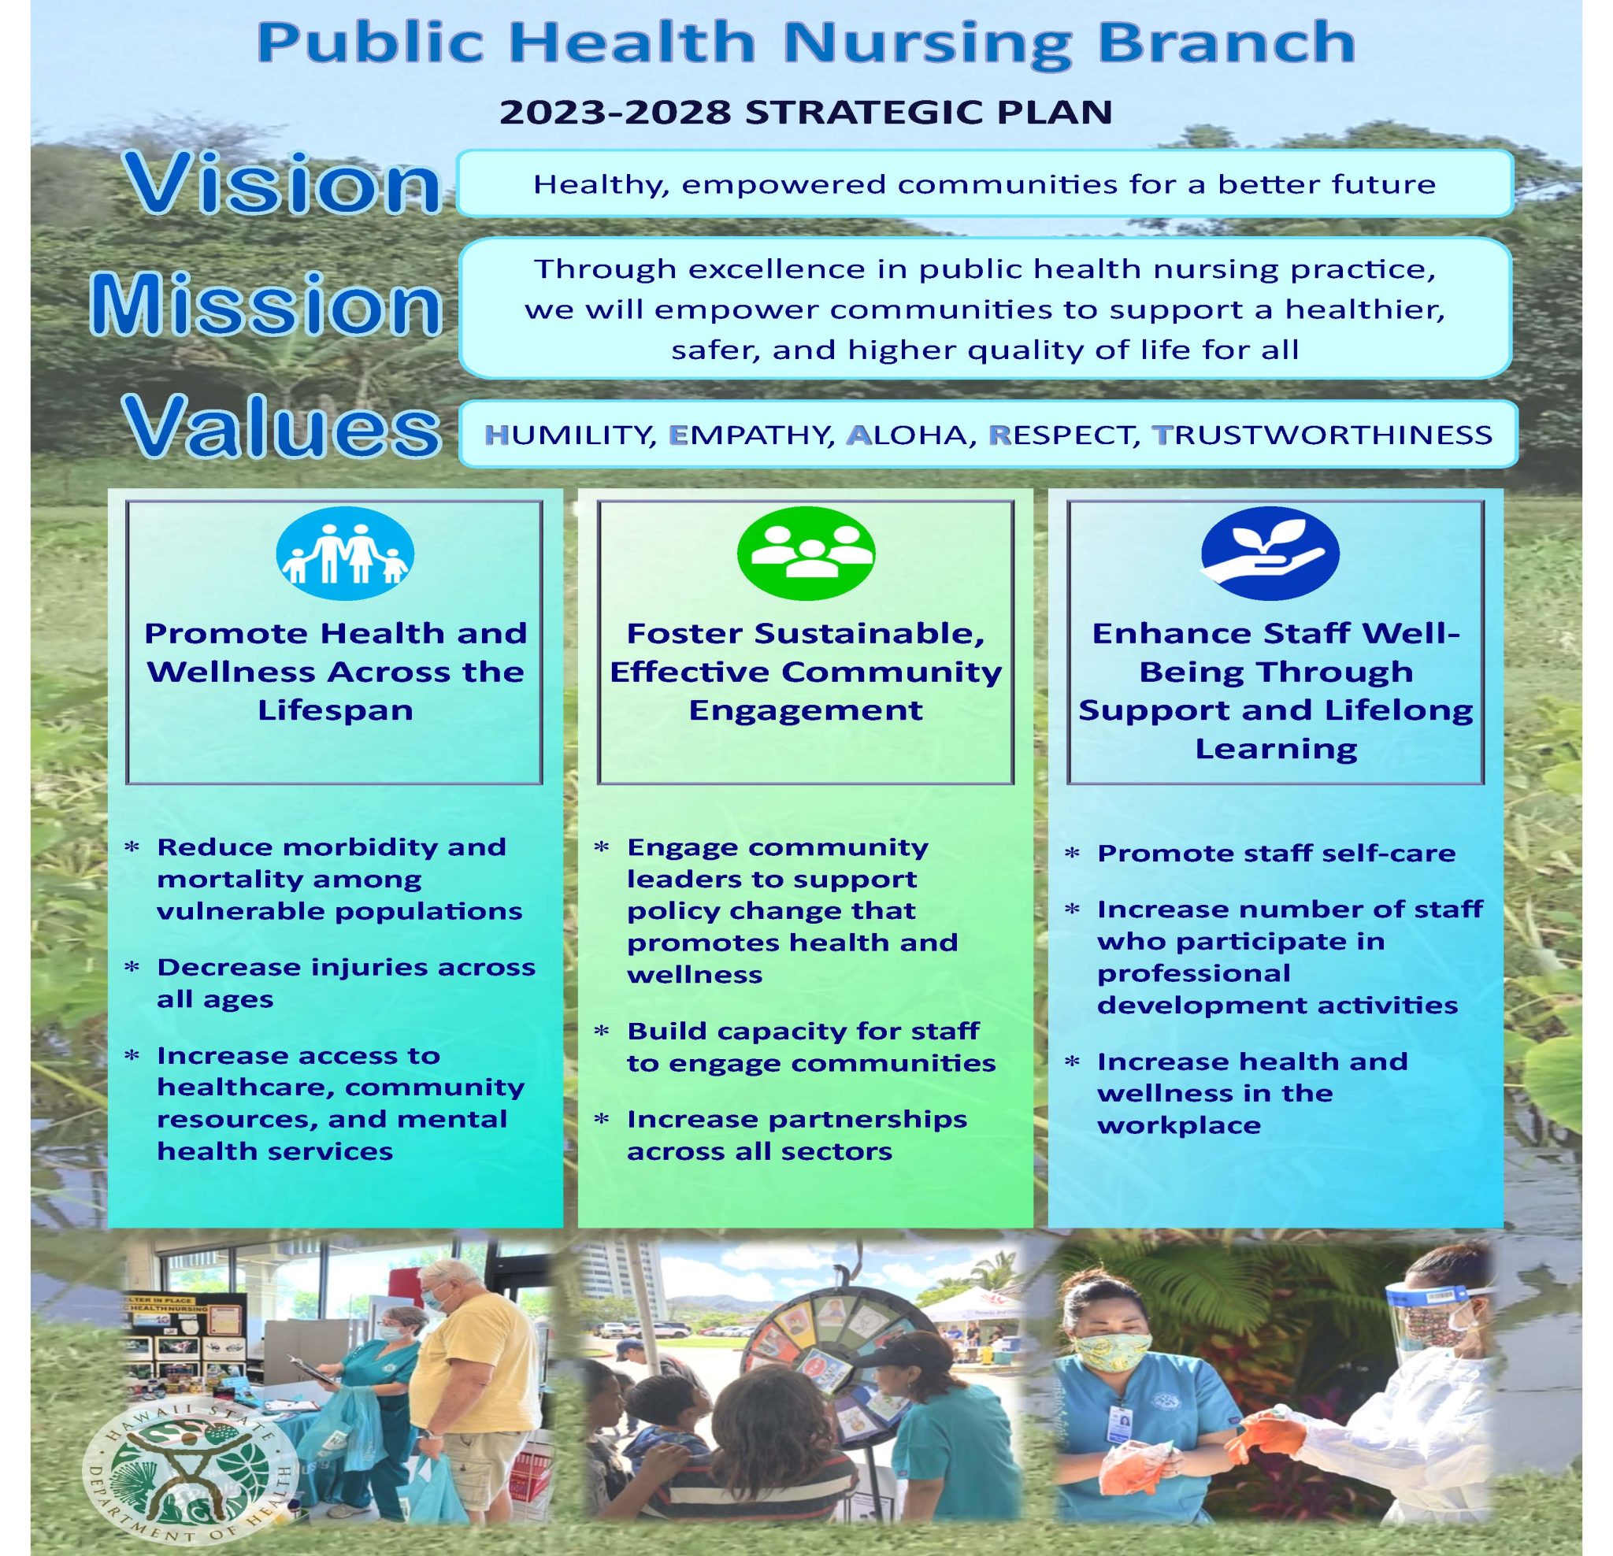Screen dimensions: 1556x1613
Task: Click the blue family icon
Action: coord(345,553)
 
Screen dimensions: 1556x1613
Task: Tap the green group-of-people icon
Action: coord(806,551)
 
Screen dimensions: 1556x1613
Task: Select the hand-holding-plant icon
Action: coord(1270,552)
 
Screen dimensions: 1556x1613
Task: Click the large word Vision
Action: coord(284,186)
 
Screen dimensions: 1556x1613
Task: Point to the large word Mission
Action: coord(266,306)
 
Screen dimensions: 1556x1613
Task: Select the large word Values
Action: coord(282,431)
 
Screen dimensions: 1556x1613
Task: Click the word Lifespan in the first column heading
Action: coord(336,710)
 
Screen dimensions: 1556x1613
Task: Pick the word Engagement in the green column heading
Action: coord(806,710)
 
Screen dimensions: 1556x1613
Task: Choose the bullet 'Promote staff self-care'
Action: coord(1276,854)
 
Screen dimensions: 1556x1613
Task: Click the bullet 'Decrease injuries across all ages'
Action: coord(346,983)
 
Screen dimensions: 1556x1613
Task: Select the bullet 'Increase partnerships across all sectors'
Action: coord(795,1135)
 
